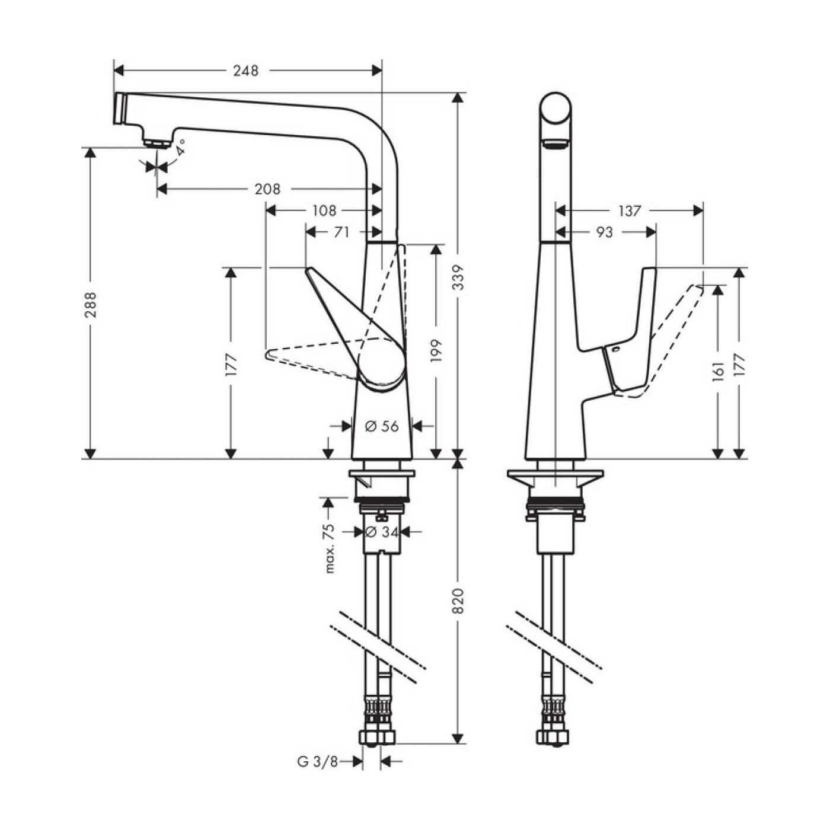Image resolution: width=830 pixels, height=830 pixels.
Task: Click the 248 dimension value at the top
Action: point(245,71)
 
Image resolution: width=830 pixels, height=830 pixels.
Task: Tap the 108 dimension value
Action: point(324,210)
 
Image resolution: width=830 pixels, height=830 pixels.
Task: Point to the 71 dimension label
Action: point(341,232)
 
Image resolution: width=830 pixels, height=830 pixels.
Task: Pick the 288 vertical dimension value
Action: point(90,304)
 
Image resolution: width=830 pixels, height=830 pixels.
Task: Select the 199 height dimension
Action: point(436,351)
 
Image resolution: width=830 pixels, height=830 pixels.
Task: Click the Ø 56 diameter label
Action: point(382,426)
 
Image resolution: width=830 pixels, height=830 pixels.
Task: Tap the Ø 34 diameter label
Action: point(382,532)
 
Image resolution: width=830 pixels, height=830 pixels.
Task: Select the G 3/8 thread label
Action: point(317,762)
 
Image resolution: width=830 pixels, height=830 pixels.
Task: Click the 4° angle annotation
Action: point(180,146)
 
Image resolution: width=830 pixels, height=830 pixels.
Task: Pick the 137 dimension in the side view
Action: point(629,210)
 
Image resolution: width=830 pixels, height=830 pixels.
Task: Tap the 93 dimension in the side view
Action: point(604,232)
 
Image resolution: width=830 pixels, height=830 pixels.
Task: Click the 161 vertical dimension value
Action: point(719,371)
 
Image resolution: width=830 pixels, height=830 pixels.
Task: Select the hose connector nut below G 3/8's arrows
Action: point(377,737)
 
